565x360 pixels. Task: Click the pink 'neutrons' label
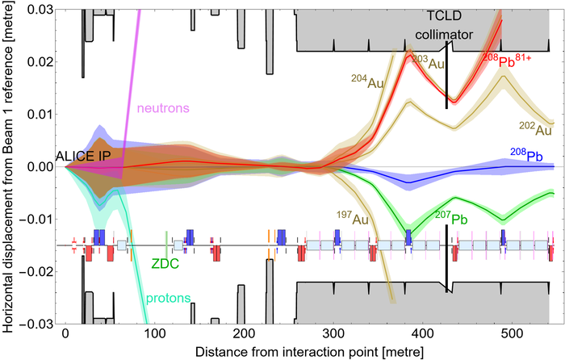point(161,107)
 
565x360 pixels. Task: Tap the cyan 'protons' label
point(168,299)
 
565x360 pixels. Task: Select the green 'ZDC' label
point(164,262)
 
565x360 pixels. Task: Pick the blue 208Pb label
point(529,155)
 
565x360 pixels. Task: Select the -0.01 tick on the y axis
point(35,219)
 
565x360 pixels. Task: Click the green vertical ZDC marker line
point(166,240)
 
